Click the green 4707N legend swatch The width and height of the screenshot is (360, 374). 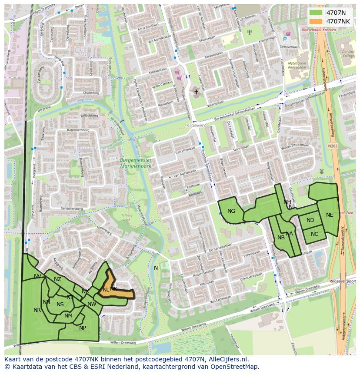(316, 13)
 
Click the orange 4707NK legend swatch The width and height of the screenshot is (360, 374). (316, 21)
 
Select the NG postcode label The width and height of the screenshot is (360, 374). (231, 211)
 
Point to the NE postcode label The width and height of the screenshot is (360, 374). (330, 215)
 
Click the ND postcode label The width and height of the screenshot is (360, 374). (310, 220)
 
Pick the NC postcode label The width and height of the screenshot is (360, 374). (315, 234)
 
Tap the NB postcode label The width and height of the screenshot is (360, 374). (281, 238)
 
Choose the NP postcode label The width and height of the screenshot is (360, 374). (83, 328)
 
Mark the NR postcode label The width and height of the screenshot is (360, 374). (37, 310)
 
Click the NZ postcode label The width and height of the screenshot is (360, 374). (57, 279)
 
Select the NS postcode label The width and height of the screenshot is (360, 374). (60, 304)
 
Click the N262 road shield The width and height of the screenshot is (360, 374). (333, 146)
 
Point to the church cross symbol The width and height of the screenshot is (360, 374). (196, 92)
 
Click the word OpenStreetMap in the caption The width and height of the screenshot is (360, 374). (239, 366)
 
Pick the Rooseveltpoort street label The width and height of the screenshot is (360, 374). (343, 281)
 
